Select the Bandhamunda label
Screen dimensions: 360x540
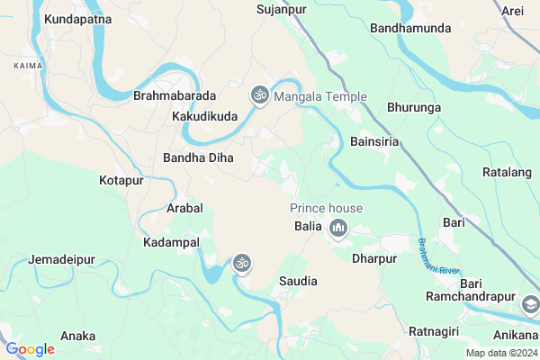409,29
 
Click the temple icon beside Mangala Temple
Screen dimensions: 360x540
260,94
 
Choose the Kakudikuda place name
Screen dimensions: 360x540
205,116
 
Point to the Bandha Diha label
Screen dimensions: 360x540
198,157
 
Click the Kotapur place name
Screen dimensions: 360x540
121,181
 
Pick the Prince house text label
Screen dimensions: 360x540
326,208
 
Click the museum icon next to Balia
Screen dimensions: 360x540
338,228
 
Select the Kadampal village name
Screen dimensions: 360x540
171,243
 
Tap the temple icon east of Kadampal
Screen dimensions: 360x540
241,263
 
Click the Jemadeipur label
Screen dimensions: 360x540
62,260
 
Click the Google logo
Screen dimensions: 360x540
31,349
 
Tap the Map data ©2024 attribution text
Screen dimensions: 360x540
500,353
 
